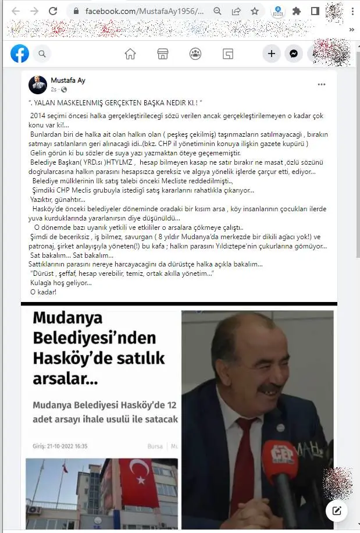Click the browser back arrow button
point(15,11)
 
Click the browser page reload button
point(53,11)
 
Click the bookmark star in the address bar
point(255,11)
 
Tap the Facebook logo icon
point(20,54)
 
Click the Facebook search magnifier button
point(42,54)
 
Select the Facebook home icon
point(130,54)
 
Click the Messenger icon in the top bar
point(294,54)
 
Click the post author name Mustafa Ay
point(68,80)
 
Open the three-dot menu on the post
point(322,85)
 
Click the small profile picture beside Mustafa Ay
point(38,85)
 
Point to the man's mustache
point(270,388)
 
